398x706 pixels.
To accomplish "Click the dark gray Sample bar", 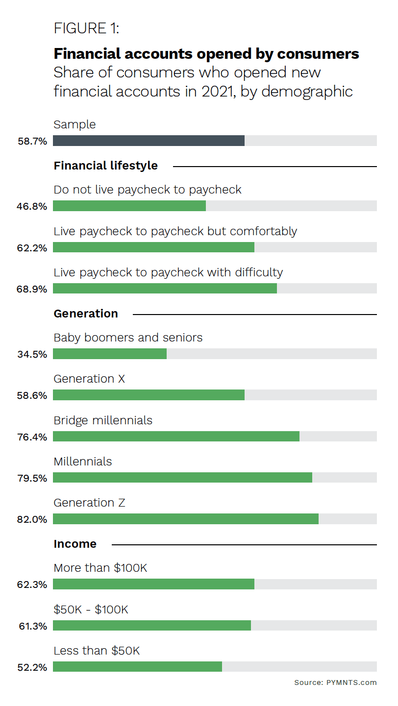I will coord(149,141).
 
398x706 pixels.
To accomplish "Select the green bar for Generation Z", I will coord(185,519).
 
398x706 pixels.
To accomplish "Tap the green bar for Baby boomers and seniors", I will coord(110,354).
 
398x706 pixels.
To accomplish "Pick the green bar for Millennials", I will coord(182,478).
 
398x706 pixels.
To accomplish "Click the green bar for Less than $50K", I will coord(137,667).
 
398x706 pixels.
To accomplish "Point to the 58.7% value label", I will coord(32,142).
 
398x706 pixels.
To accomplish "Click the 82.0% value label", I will coord(32,519).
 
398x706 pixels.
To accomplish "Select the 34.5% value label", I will coord(32,354).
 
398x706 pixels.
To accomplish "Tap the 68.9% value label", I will coord(32,289).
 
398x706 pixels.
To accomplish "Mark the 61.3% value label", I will coord(32,626).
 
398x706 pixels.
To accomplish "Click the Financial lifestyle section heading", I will coord(105,166).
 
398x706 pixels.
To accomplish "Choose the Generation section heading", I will coord(86,314).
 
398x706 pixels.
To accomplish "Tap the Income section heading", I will coord(75,544).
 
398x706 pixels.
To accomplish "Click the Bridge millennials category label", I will coord(103,420).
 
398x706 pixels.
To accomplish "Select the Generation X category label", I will coord(89,379).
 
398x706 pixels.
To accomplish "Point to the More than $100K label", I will coord(100,568).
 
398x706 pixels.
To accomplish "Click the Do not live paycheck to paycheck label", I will coord(148,190).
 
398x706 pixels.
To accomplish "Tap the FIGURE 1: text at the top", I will coord(86,28).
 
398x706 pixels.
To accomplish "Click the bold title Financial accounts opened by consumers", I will coord(206,53).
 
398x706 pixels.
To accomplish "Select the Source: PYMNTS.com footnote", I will coord(335,682).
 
